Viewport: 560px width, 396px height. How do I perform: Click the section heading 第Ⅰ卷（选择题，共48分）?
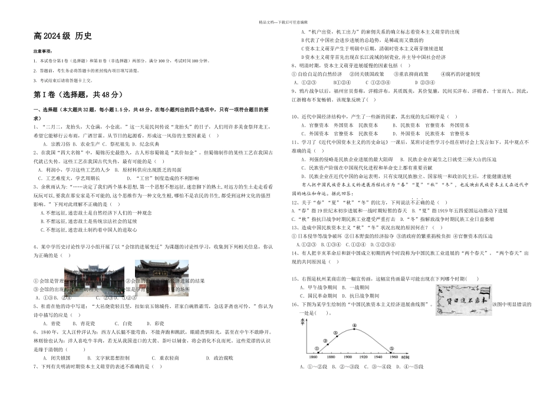pyautogui.click(x=77, y=95)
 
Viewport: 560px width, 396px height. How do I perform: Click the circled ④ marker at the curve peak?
pyautogui.click(x=354, y=325)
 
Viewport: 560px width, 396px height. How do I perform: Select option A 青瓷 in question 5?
pyautogui.click(x=52, y=324)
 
